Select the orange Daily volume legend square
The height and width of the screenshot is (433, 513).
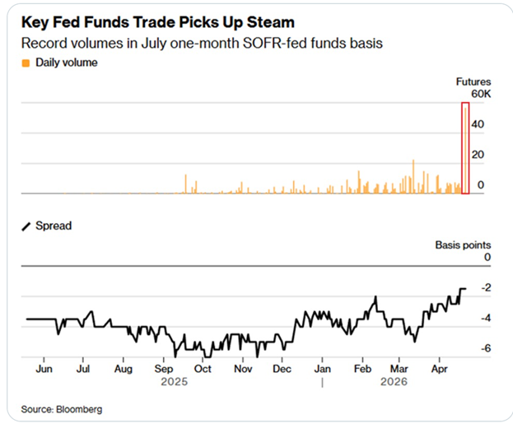26,63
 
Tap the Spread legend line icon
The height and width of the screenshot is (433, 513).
26,226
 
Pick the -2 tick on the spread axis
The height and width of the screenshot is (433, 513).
486,287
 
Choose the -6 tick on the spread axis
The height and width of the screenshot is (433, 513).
486,348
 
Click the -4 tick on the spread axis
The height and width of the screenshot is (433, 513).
486,318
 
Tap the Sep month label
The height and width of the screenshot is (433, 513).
163,370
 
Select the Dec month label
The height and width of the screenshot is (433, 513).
282,370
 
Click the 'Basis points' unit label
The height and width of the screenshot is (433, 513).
463,244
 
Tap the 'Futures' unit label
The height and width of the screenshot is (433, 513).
473,81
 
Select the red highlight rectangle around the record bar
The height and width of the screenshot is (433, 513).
465,148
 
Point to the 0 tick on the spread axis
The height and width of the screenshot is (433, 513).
487,257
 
